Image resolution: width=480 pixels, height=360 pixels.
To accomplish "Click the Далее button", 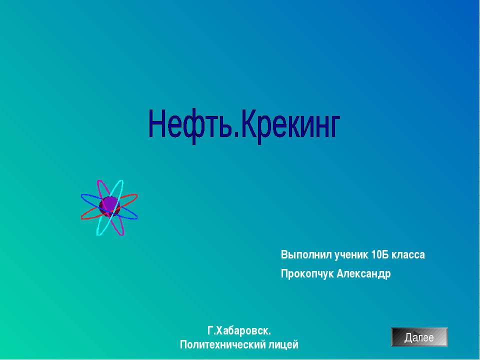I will [x=419, y=337].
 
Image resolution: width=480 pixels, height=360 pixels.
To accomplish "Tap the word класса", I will [x=408, y=255].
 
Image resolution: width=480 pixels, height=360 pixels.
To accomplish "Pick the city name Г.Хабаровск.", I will [x=239, y=330].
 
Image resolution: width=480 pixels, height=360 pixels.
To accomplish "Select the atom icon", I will [x=109, y=207].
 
